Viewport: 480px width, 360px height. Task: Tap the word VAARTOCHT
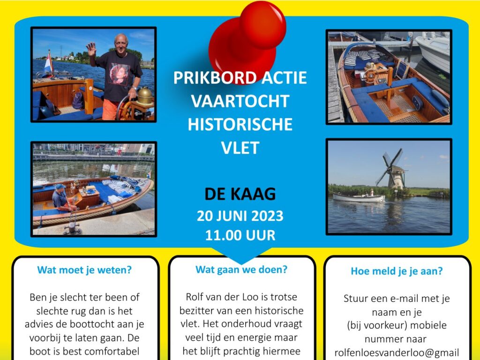point(240,101)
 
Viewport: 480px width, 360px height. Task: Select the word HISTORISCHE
point(240,124)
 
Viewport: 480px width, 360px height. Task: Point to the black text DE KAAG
point(240,194)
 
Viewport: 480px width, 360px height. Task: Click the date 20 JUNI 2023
point(240,216)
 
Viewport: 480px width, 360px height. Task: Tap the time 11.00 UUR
point(240,235)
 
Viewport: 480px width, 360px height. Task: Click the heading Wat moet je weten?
point(84,270)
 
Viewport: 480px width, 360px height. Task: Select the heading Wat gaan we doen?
point(241,270)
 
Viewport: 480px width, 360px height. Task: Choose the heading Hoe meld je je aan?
point(397,271)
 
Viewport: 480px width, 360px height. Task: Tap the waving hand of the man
point(91,49)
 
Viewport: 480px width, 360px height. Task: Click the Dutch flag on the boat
point(48,62)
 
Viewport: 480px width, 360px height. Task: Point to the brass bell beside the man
point(144,96)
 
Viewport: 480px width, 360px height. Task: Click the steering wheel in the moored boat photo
point(371,75)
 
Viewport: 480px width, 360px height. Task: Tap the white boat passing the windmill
point(359,197)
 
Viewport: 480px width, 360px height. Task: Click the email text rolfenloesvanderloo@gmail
point(397,352)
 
